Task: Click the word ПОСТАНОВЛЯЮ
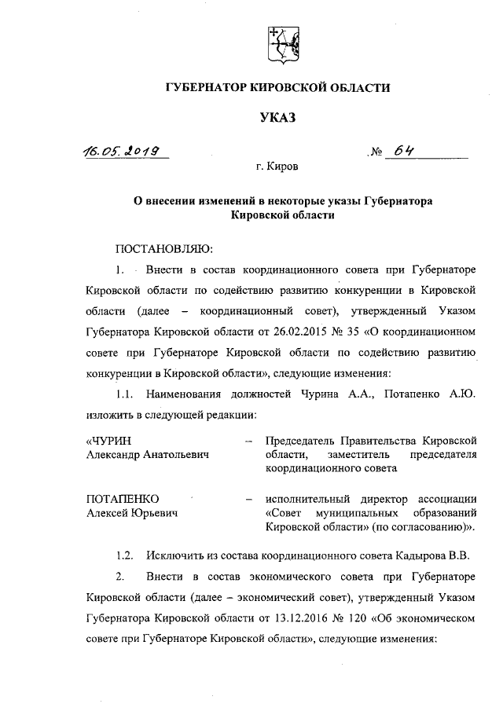[163, 249]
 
